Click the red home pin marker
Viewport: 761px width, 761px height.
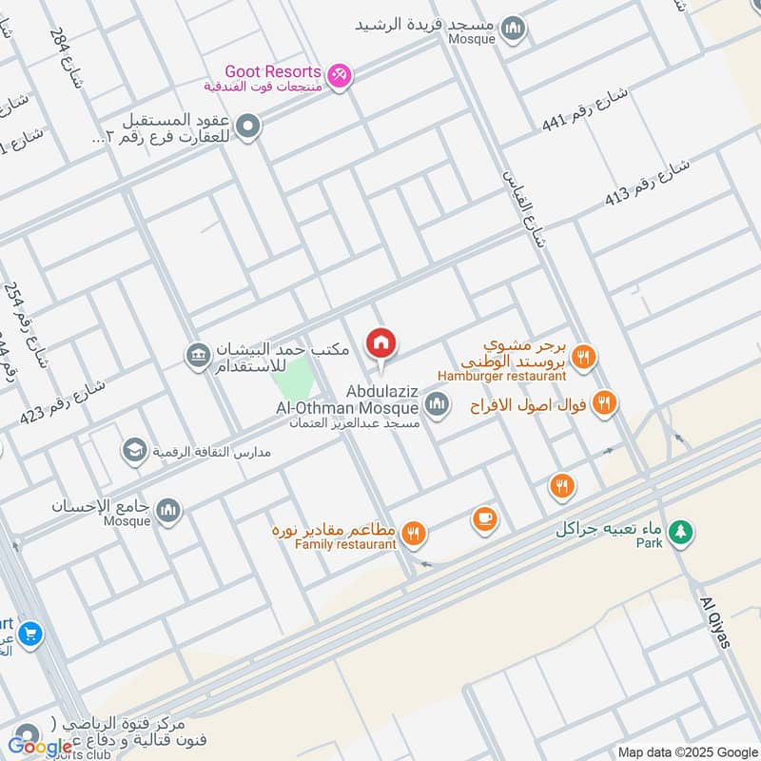[x=381, y=343]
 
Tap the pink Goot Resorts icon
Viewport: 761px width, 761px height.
[x=338, y=74]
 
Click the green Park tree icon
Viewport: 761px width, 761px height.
[x=678, y=532]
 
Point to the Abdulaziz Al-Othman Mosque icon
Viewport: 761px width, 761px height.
[x=437, y=406]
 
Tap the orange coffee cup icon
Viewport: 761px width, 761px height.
[x=484, y=519]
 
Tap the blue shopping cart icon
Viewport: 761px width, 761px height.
[x=29, y=631]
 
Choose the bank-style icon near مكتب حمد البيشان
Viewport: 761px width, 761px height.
[x=198, y=356]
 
